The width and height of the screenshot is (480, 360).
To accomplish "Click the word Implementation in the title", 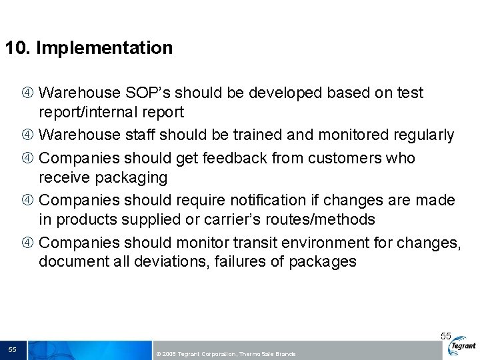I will [x=104, y=49].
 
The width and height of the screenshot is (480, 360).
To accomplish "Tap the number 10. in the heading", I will [x=18, y=49].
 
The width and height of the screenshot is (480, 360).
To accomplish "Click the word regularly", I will [x=421, y=135].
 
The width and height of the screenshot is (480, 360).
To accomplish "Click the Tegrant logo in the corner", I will [x=463, y=346].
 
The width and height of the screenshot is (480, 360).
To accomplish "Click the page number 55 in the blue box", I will [x=12, y=350].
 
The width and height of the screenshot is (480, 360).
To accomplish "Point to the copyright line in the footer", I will [x=225, y=354].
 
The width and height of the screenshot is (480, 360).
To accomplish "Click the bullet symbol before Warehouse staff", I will [x=30, y=135].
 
